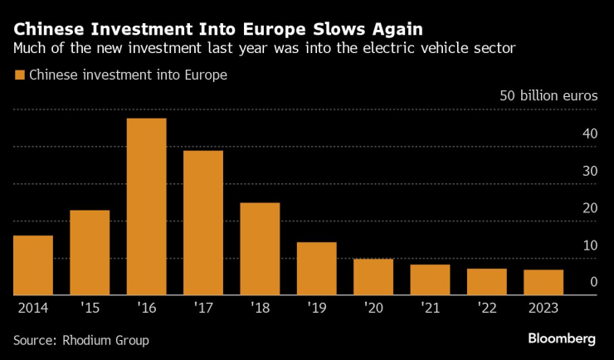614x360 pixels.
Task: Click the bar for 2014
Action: click(33, 265)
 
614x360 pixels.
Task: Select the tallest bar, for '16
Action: click(146, 207)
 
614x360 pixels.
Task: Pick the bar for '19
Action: click(316, 269)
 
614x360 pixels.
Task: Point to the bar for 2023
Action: click(543, 282)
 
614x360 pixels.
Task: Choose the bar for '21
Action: click(430, 280)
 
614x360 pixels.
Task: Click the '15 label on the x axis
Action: click(90, 307)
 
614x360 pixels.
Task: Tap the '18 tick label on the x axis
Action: click(260, 307)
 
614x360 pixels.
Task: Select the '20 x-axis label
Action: click(373, 307)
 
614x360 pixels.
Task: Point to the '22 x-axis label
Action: click(486, 307)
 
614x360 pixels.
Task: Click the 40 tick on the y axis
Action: click(590, 134)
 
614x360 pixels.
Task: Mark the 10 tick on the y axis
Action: click(590, 246)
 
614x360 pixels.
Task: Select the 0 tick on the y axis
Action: click(593, 283)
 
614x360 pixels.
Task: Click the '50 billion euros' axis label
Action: click(548, 95)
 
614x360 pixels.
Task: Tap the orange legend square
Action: click(19, 75)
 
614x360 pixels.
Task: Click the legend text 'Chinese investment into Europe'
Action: click(128, 75)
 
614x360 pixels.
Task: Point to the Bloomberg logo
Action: click(562, 338)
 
